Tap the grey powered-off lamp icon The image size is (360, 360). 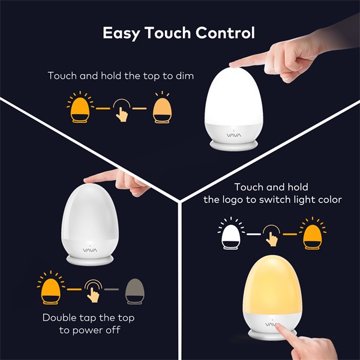(135, 290)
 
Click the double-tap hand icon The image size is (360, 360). (93, 290)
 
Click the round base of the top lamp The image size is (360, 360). (235, 146)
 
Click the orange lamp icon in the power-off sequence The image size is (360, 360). (51, 290)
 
